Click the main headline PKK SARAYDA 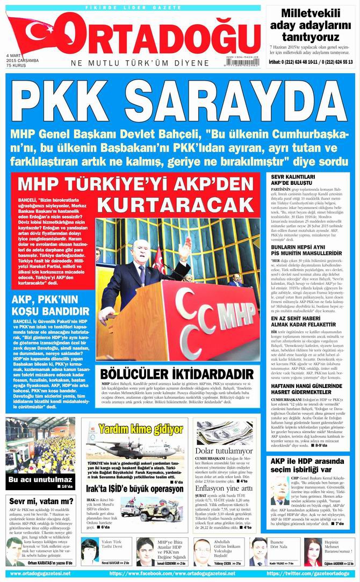[x=179, y=102]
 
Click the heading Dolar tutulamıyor [x=224, y=450]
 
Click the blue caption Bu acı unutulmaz [x=33, y=479]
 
